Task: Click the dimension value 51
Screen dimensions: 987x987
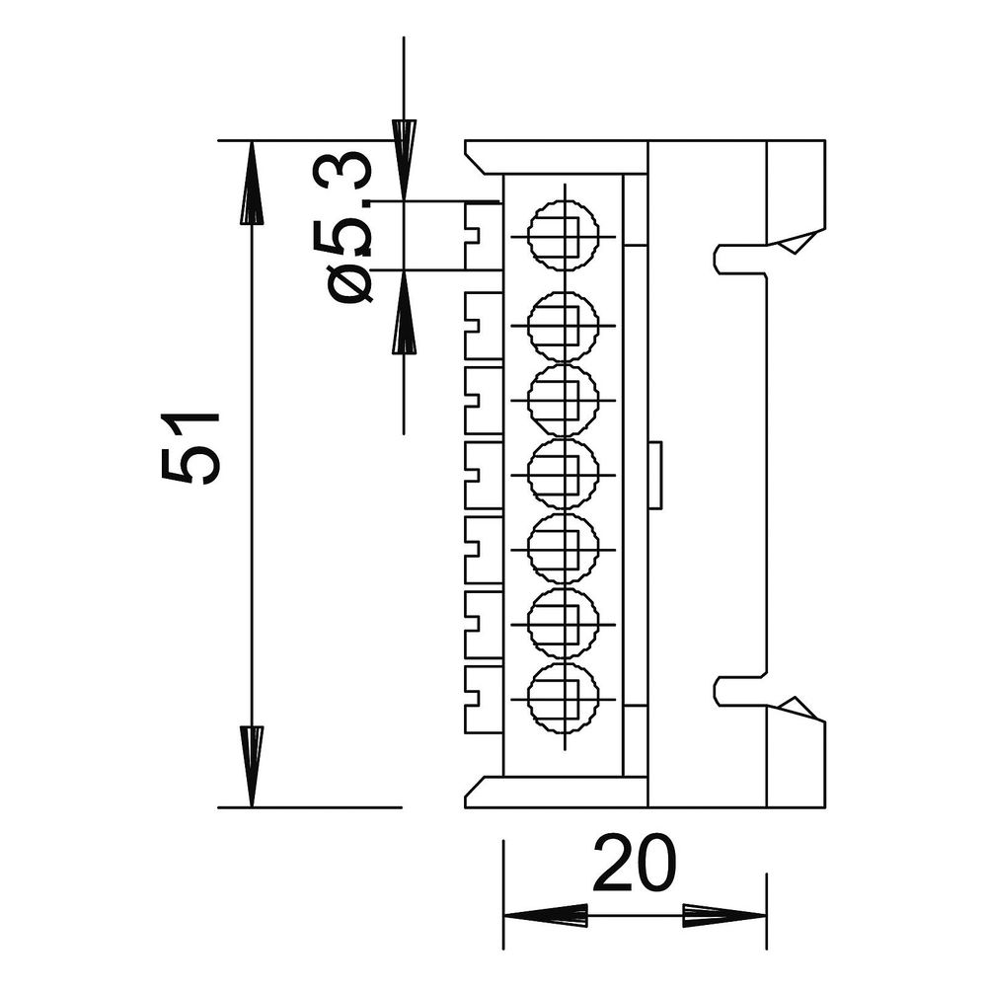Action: tap(190, 449)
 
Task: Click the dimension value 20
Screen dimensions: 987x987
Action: tap(634, 863)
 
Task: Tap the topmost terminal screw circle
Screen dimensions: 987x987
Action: tap(563, 236)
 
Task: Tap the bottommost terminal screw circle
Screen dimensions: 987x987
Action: tap(563, 699)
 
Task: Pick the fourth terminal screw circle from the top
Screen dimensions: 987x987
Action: tap(563, 474)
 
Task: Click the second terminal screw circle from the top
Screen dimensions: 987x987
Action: tap(563, 326)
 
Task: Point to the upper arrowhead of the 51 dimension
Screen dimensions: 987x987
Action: tap(252, 183)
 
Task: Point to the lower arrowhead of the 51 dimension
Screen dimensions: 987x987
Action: tap(252, 766)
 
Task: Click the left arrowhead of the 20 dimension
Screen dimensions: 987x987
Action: tap(546, 916)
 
